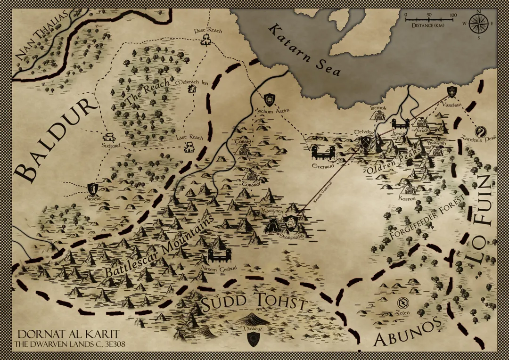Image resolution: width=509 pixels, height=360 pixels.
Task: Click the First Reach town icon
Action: [x=205, y=40]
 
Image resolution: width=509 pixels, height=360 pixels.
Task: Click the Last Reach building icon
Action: [x=189, y=147]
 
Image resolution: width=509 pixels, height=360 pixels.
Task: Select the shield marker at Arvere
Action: [x=93, y=189]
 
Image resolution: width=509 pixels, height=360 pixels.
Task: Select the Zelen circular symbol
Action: [x=403, y=303]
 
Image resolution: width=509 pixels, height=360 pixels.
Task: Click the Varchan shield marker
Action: [x=452, y=91]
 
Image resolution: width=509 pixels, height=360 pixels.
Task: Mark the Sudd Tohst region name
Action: [x=254, y=303]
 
